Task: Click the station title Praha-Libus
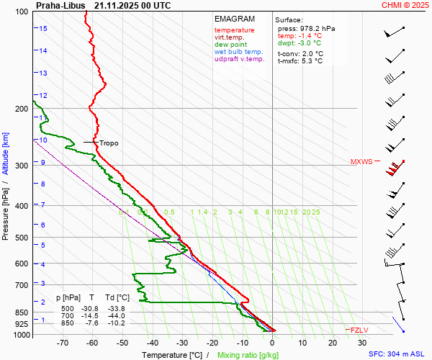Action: (60, 5)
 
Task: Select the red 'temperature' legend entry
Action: (234, 30)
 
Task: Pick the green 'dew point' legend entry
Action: (230, 45)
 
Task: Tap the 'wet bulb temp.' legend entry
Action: (239, 52)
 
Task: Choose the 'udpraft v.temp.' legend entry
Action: (240, 59)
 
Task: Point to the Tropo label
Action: (109, 143)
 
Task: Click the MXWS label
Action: (361, 162)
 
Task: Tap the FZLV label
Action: (359, 330)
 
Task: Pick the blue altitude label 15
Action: (43, 29)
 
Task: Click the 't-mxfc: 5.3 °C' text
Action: (300, 61)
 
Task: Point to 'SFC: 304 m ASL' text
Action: (398, 354)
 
